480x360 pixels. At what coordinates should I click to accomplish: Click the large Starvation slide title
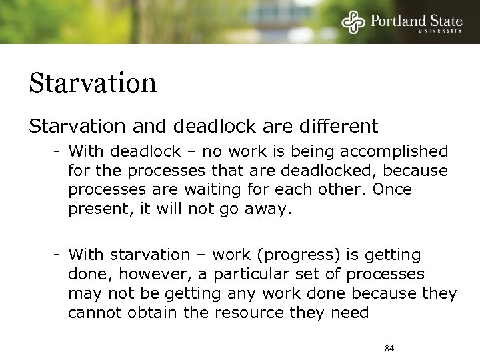[x=93, y=83]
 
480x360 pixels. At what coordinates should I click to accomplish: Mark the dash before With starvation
[x=59, y=255]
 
